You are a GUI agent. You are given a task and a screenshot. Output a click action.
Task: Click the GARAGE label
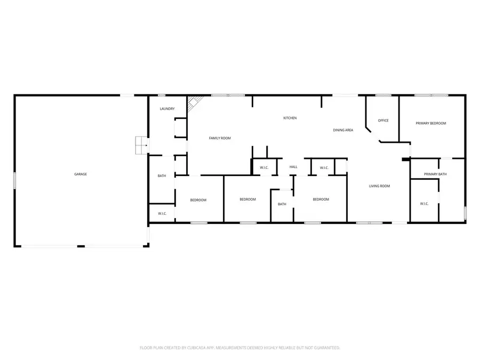[x=81, y=174]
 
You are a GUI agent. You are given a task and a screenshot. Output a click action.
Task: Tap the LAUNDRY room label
[x=167, y=109]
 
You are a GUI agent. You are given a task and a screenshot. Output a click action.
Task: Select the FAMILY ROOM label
[x=220, y=138]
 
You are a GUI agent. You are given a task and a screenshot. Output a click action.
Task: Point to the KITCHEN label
[x=290, y=118]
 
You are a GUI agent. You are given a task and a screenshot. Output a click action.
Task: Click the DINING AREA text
[x=343, y=130]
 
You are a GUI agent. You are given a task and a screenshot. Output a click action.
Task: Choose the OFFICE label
[x=383, y=121]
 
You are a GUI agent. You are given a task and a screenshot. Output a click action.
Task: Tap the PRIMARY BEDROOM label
[x=431, y=123]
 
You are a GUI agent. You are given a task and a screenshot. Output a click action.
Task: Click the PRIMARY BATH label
[x=435, y=174]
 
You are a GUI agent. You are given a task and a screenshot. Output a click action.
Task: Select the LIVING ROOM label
[x=380, y=186]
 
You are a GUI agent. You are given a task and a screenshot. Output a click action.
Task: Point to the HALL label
[x=293, y=167]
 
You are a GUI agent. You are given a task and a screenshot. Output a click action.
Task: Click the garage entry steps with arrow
[x=141, y=145]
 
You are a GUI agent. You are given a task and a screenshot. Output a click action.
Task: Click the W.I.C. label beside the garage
[x=162, y=213]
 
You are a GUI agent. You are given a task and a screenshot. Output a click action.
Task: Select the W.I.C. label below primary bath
[x=425, y=203]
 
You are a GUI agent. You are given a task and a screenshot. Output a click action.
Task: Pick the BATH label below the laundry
[x=162, y=176]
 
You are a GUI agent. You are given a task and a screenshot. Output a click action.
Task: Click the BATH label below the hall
[x=282, y=204]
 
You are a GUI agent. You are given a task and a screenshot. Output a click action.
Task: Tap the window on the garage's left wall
[x=15, y=180]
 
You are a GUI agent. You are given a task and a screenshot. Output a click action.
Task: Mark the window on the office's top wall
[x=383, y=95]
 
